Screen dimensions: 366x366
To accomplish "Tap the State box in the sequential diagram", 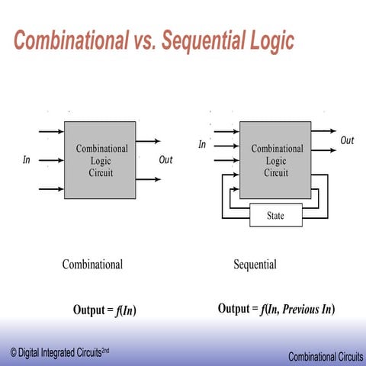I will pyautogui.click(x=275, y=216).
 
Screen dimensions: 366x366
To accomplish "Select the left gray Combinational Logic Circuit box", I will pyautogui.click(x=100, y=159).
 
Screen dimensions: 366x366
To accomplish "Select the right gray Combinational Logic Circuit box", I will pyautogui.click(x=276, y=160).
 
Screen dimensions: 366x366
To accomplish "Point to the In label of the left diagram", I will pyautogui.click(x=27, y=161).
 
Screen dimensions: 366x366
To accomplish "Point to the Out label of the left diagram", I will pyautogui.click(x=165, y=160).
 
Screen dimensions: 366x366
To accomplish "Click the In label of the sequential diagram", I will pyautogui.click(x=202, y=144).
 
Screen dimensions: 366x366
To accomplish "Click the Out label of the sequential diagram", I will pyautogui.click(x=347, y=140).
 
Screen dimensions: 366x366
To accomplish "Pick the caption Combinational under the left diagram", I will pyautogui.click(x=92, y=265).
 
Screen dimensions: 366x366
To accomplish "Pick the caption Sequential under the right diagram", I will pyautogui.click(x=255, y=265).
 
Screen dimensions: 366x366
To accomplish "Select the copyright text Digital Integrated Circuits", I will pyautogui.click(x=65, y=351).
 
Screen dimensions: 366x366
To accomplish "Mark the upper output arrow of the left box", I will pyautogui.click(x=148, y=141).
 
